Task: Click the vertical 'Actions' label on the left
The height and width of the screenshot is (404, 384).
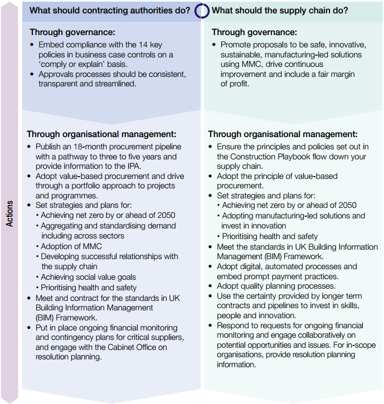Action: point(9,213)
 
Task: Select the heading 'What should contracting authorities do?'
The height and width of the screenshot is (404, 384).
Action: point(109,10)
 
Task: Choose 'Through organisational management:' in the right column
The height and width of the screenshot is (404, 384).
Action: point(283,134)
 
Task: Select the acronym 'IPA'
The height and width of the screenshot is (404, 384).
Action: point(135,167)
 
